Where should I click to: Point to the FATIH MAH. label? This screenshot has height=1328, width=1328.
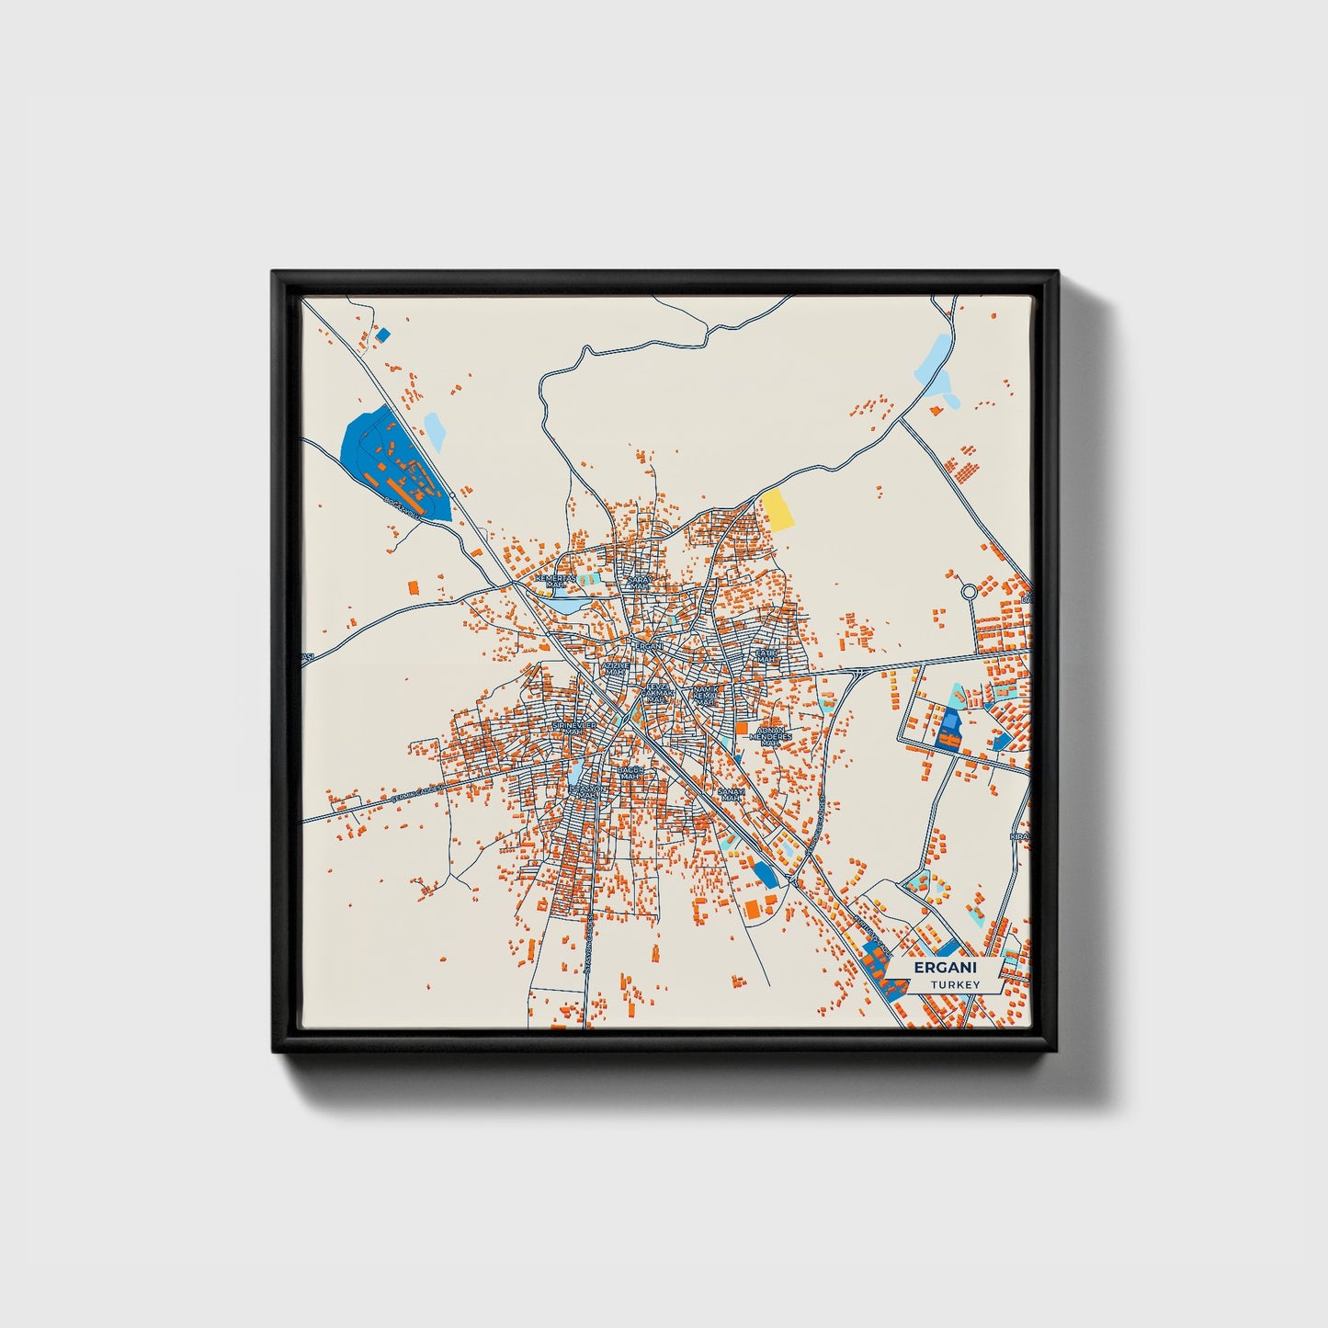pos(766,655)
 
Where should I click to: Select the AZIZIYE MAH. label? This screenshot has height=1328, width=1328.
pos(615,668)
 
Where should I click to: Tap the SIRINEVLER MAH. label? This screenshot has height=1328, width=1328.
pos(574,728)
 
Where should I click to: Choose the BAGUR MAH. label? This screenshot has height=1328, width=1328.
pos(630,773)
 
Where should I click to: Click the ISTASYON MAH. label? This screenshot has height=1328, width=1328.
pos(587,790)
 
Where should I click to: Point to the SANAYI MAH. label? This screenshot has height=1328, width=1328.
pos(731,794)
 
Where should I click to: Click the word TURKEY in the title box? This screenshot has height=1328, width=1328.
pos(955,984)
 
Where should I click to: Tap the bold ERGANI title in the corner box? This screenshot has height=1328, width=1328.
pos(946,968)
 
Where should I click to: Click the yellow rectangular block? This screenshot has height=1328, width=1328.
pos(778,510)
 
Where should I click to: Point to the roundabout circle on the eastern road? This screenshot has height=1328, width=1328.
pos(969,593)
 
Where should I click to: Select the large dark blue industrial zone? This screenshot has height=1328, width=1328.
pos(391,460)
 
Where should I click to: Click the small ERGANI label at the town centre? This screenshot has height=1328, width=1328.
pos(649,646)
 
